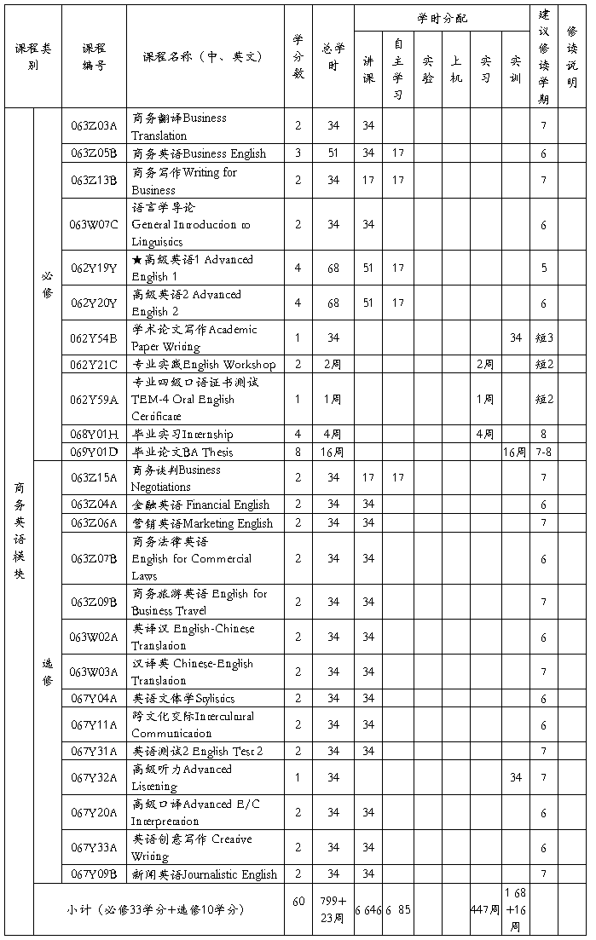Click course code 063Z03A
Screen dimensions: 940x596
pyautogui.click(x=94, y=126)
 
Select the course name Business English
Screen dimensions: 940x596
pyautogui.click(x=199, y=153)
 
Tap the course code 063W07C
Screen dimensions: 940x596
pyautogui.click(x=94, y=224)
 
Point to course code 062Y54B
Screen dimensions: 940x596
pyautogui.click(x=94, y=337)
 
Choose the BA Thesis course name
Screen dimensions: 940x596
pyautogui.click(x=182, y=452)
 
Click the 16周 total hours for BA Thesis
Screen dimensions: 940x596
pyautogui.click(x=333, y=452)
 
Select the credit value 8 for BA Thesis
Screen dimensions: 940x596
pyautogui.click(x=298, y=452)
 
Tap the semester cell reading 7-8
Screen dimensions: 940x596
pyautogui.click(x=543, y=452)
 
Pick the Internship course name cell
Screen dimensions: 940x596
pyautogui.click(x=182, y=434)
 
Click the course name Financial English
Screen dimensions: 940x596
pyautogui.click(x=200, y=505)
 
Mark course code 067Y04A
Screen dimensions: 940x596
pyautogui.click(x=94, y=699)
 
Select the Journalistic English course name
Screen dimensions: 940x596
pyautogui.click(x=205, y=874)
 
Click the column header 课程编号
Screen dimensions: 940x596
pyautogui.click(x=94, y=56)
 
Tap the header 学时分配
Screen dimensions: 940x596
pyautogui.click(x=442, y=18)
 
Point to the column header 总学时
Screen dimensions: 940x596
pyautogui.click(x=333, y=56)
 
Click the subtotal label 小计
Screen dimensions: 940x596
pyautogui.click(x=158, y=909)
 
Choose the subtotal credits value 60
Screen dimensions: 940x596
pyautogui.click(x=298, y=902)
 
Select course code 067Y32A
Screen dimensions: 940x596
pyautogui.click(x=94, y=777)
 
